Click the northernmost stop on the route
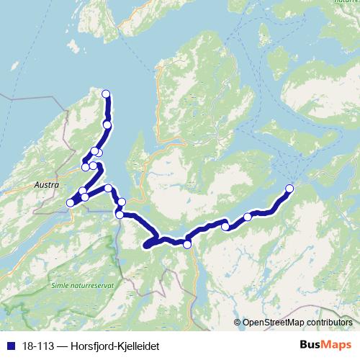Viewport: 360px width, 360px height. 106,94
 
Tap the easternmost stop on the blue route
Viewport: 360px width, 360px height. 290,189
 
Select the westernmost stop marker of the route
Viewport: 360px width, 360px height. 71,203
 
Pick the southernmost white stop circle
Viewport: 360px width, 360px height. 187,245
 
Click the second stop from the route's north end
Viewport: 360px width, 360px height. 107,125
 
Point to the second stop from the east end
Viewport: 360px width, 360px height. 248,217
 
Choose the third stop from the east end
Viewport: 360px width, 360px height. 225,227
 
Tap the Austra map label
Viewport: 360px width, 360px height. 45,184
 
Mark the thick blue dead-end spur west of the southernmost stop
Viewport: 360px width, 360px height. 150,245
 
